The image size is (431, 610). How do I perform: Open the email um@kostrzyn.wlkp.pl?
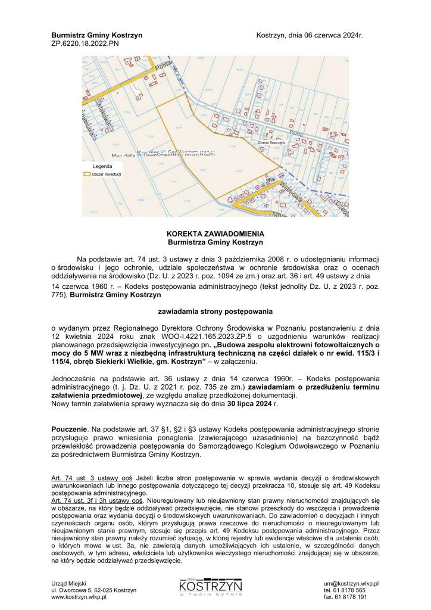point(352,584)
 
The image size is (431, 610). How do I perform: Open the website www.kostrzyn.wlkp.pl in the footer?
point(79,596)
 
